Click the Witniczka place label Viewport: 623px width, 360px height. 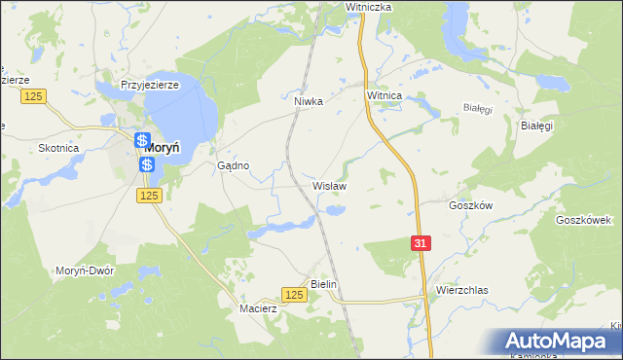click(368, 7)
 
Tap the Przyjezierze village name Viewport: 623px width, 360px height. click(147, 85)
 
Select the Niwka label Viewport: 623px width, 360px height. click(308, 99)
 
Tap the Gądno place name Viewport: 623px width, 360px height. click(234, 165)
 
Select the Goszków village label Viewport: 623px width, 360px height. click(471, 205)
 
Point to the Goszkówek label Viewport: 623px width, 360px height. click(582, 220)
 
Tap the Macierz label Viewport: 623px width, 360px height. click(259, 308)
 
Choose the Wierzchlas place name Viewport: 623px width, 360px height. click(461, 290)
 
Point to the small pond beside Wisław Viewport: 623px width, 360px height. click(335, 209)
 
